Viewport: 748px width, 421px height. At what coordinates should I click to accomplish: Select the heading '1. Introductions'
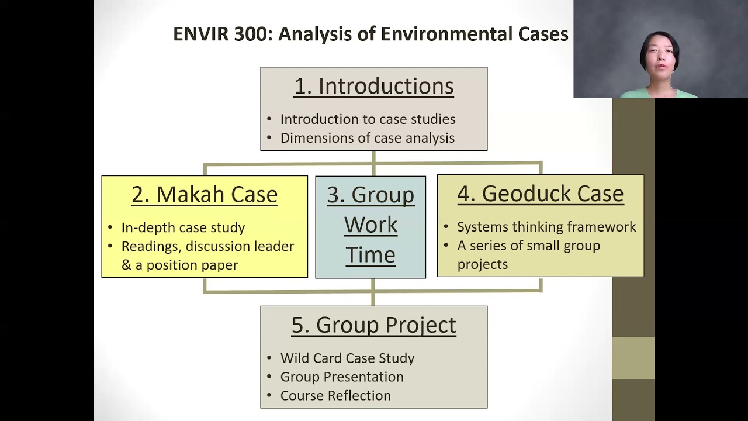tap(373, 86)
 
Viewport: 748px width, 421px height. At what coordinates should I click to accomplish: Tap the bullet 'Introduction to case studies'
tap(368, 119)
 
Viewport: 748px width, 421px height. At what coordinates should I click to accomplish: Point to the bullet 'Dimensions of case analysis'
tap(367, 138)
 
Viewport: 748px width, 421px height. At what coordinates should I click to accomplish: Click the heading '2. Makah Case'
tap(205, 195)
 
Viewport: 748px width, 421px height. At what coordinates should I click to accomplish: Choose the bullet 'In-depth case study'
tap(183, 227)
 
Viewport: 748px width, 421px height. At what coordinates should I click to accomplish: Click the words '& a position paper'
tap(179, 265)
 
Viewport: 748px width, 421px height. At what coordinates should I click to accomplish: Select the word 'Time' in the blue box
tap(370, 255)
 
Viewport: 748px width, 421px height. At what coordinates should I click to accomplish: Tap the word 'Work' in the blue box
tap(370, 225)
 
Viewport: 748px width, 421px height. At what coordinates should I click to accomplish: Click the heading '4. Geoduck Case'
tap(540, 194)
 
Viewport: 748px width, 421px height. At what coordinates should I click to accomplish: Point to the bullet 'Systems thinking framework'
tap(546, 227)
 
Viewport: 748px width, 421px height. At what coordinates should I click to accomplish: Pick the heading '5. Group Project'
tap(373, 325)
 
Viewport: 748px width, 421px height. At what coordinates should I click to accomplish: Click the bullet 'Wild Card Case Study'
tap(347, 358)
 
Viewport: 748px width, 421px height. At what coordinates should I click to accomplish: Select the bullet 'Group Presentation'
tap(342, 377)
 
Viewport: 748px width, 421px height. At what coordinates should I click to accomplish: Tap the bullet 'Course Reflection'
tap(335, 395)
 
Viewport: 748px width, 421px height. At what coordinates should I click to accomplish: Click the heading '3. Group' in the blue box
tap(370, 195)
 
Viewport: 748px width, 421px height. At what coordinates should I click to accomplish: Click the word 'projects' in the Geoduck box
tap(482, 264)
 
